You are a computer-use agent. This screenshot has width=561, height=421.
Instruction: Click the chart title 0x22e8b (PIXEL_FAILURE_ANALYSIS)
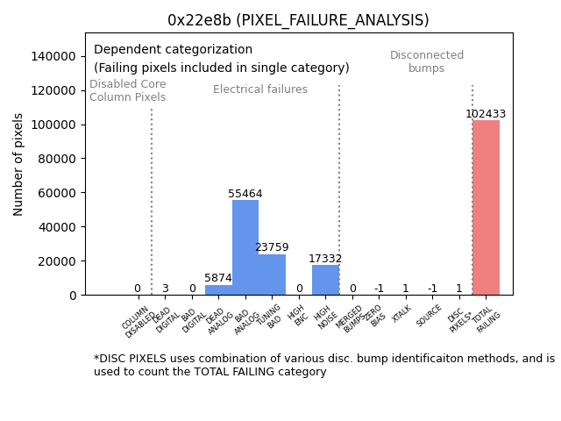point(299,20)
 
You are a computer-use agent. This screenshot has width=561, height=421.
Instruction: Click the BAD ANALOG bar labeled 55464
point(245,247)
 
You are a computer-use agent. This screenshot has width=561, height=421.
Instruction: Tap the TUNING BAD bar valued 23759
point(272,275)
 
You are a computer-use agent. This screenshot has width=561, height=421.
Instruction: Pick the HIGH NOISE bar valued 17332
point(325,280)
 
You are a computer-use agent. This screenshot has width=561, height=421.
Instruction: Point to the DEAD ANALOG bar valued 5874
point(218,289)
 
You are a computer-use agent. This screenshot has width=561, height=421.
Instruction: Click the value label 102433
point(486,114)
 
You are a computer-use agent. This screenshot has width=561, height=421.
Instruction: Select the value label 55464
point(245,194)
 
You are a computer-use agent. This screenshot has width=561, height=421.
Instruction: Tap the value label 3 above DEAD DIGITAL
point(165,289)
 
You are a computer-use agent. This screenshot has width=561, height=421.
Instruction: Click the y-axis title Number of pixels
point(18,164)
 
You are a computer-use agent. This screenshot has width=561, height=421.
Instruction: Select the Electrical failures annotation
point(260,89)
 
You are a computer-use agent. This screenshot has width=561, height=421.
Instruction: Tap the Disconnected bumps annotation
point(427,62)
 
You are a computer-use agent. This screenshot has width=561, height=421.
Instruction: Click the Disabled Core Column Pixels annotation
point(128,91)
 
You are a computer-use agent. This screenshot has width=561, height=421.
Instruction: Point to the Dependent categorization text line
point(173,50)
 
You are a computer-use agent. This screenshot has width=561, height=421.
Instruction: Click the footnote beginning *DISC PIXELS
point(323,365)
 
